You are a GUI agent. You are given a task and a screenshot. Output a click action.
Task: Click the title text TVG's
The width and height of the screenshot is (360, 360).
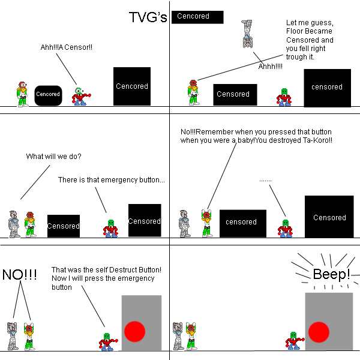[x=148, y=18]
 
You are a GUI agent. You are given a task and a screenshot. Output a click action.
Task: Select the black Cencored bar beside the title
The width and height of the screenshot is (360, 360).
[x=197, y=17]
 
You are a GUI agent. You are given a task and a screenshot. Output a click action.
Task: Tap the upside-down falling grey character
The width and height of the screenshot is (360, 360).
[x=247, y=33]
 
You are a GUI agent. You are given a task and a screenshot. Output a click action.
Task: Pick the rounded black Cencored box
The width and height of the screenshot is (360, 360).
[x=48, y=94]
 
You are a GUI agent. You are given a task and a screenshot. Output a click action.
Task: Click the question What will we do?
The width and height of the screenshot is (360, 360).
[x=53, y=157]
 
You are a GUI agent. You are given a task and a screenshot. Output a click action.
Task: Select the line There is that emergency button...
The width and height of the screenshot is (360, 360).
[x=111, y=180]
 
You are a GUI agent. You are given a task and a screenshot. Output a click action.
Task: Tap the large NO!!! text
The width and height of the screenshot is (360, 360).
[x=20, y=275]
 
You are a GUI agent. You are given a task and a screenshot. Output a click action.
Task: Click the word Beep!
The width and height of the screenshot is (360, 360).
[x=331, y=275]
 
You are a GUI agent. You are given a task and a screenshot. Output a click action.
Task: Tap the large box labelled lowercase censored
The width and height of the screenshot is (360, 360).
[x=327, y=88]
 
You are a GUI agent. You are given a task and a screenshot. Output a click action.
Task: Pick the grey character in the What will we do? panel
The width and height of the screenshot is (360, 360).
[x=14, y=224]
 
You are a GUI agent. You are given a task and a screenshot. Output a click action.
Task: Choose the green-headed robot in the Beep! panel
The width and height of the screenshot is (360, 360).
[x=293, y=340]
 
